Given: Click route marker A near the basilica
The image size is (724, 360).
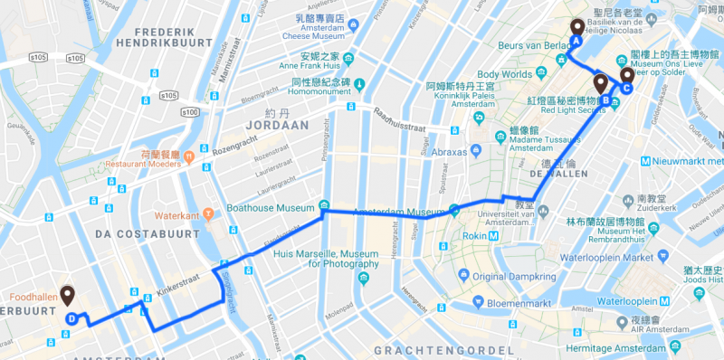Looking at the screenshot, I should [576, 30].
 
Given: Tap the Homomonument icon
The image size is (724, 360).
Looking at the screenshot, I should [357, 86].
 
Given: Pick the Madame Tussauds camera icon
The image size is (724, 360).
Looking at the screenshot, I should [500, 137].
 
